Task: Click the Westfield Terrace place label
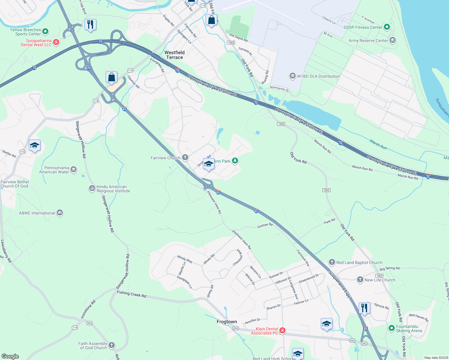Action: tap(174, 55)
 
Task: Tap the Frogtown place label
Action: tap(227, 322)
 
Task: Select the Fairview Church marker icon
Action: tap(185, 157)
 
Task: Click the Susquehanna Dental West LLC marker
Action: tap(56, 43)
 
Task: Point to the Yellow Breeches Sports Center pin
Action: tap(45, 31)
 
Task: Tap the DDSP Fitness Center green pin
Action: tap(387, 27)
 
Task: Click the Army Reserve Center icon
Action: tap(392, 40)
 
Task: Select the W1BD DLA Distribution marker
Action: tap(293, 76)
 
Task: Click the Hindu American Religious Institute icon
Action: tap(92, 188)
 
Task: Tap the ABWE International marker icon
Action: tap(60, 213)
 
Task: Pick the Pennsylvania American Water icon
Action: tap(74, 170)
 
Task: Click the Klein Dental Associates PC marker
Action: tap(282, 331)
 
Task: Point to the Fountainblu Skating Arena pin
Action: tap(391, 328)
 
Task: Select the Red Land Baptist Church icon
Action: tap(332, 262)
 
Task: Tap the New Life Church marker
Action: tap(360, 280)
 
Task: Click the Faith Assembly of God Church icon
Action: tap(112, 345)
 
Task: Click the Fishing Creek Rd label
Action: tap(131, 294)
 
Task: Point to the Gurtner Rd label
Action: tap(265, 225)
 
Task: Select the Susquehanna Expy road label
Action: tap(339, 284)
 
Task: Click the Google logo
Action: tap(10, 356)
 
